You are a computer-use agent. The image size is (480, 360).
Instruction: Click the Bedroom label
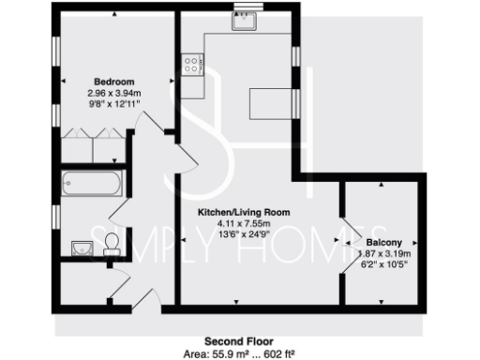coord(113,82)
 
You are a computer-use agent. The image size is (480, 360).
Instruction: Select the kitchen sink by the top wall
coord(246,24)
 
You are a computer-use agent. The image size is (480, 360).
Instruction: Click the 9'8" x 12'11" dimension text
coord(113,105)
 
